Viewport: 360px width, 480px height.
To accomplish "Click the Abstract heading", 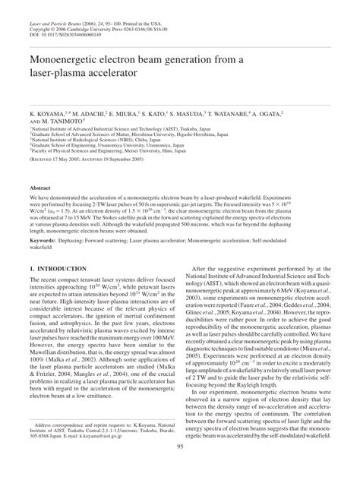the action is pos(39,187).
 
